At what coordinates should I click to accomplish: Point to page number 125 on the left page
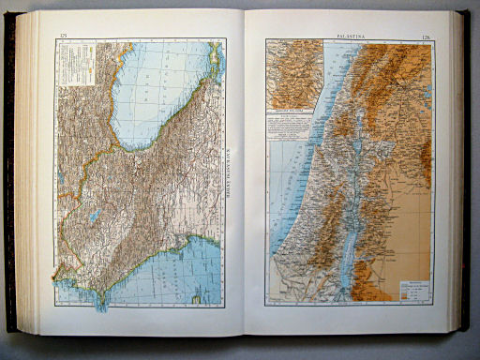click(x=64, y=35)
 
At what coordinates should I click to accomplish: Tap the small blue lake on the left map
click(x=95, y=216)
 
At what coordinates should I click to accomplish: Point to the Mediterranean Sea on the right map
click(x=291, y=206)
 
